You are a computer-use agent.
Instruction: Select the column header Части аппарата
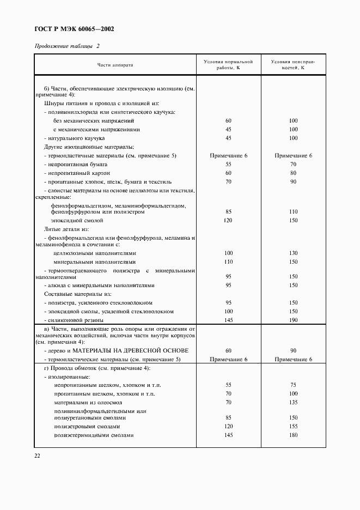coord(115,65)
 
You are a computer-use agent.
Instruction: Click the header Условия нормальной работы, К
coord(228,65)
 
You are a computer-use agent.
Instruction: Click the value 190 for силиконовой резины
coord(293,320)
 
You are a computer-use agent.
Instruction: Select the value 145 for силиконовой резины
coord(228,320)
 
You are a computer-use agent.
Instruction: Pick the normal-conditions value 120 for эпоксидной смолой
coord(228,221)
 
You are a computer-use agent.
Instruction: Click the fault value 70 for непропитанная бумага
coord(293,164)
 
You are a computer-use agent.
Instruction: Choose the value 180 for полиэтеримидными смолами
coord(293,435)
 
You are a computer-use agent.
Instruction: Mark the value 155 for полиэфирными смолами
coord(293,426)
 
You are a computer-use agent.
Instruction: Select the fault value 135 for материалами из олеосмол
coord(293,403)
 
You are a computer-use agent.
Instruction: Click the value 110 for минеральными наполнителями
coord(228,262)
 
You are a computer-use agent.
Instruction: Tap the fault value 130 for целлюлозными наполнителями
coord(293,253)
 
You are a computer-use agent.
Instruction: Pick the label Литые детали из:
coord(65,229)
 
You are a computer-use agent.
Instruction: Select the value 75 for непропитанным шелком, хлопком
coord(293,385)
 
